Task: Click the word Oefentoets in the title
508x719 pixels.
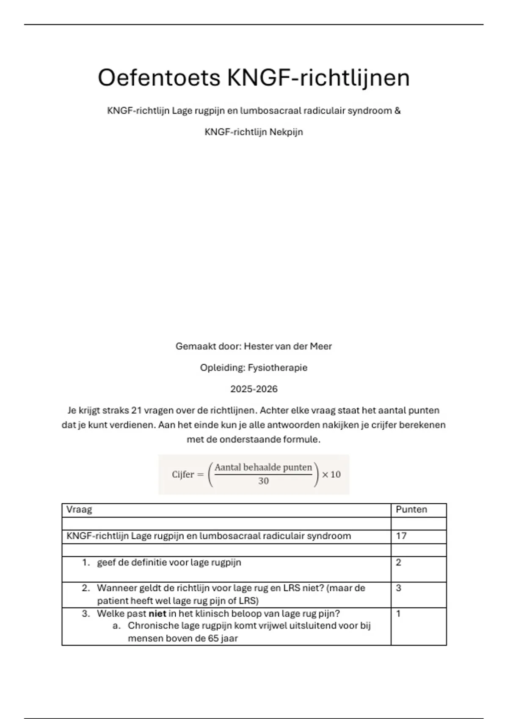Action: tap(159, 78)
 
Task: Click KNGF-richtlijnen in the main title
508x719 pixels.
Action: tap(318, 78)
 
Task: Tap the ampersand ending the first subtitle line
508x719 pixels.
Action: tap(397, 111)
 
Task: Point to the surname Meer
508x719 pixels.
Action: tap(321, 346)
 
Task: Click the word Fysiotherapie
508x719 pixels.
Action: tap(277, 368)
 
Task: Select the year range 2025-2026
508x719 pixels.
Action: tap(254, 389)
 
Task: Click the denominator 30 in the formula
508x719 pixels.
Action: tap(263, 481)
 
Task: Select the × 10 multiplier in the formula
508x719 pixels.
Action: tap(331, 475)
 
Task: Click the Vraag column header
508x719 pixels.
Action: tap(79, 510)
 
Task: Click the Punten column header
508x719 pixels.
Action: tap(411, 510)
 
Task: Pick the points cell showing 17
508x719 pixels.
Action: tap(401, 536)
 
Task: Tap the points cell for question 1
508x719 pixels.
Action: tap(398, 563)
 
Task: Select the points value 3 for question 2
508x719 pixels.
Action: tap(398, 588)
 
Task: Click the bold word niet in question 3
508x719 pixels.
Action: tap(157, 614)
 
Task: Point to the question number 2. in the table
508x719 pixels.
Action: tap(86, 588)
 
